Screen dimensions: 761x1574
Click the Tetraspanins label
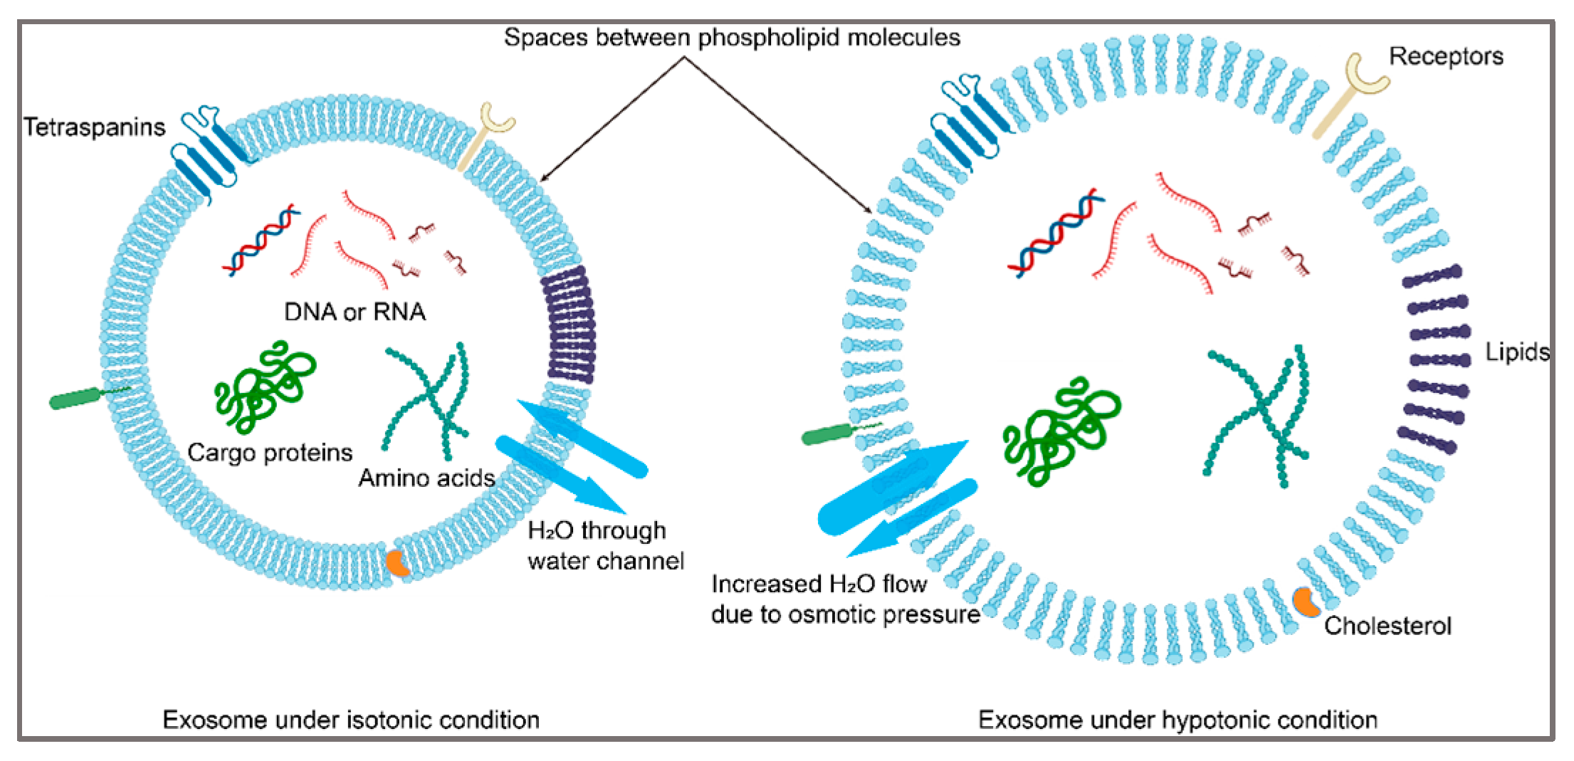pyautogui.click(x=94, y=127)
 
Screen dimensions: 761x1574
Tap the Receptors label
pyautogui.click(x=1445, y=56)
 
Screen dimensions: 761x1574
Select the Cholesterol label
pyautogui.click(x=1387, y=626)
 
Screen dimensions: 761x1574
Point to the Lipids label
pyautogui.click(x=1516, y=352)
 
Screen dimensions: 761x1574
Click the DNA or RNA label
pyautogui.click(x=355, y=312)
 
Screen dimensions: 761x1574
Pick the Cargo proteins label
pyautogui.click(x=270, y=453)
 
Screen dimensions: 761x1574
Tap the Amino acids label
pyautogui.click(x=426, y=478)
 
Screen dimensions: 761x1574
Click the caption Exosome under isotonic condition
pyautogui.click(x=351, y=720)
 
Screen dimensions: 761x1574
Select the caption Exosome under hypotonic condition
pyautogui.click(x=1177, y=720)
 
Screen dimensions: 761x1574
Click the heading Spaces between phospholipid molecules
pyautogui.click(x=732, y=37)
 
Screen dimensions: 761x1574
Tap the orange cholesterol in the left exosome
pyautogui.click(x=397, y=562)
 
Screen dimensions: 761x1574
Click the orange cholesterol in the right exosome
pyautogui.click(x=1305, y=602)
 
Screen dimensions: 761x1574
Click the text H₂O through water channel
pyautogui.click(x=604, y=546)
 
